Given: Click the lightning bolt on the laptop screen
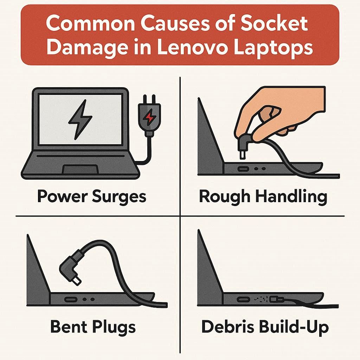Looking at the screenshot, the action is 80,120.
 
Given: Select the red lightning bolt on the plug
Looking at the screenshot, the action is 149,117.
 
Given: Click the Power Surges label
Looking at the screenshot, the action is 92,197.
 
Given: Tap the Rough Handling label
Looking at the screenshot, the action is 263,197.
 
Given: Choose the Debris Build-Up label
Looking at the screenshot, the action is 265,327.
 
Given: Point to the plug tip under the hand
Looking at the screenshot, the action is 242,155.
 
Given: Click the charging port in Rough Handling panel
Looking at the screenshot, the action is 243,169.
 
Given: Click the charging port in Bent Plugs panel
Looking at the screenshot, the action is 70,300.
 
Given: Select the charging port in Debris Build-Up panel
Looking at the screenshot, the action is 243,300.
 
